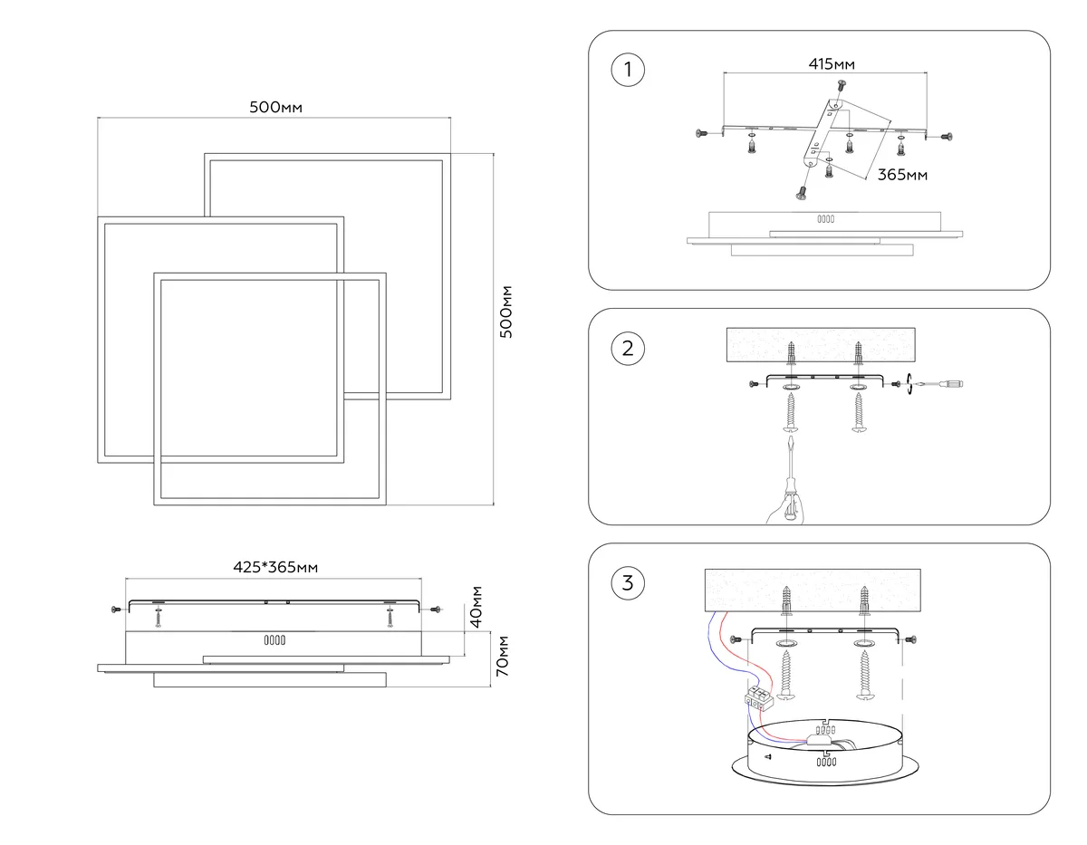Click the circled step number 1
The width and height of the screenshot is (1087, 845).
(x=627, y=70)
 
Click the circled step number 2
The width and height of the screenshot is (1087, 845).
(x=627, y=348)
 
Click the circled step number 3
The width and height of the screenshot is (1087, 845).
(x=627, y=582)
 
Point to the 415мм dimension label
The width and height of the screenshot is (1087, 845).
(x=832, y=64)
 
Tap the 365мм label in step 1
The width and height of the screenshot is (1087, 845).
(x=902, y=175)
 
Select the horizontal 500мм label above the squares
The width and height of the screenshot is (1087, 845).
(x=275, y=107)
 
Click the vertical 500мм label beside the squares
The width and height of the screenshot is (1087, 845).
(x=505, y=312)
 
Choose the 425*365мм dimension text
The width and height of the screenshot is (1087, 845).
(x=275, y=567)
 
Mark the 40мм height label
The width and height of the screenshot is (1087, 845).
(x=476, y=607)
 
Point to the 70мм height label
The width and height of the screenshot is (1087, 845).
(x=502, y=656)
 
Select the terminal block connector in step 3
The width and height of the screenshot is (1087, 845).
(x=759, y=697)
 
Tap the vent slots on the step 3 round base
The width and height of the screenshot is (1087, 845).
(x=826, y=762)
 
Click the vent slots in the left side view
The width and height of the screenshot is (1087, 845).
(x=274, y=640)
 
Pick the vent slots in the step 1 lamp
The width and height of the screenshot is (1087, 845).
(x=825, y=219)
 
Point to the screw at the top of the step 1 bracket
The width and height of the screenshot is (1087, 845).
(x=842, y=85)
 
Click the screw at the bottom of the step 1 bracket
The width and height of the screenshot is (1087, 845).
(x=802, y=192)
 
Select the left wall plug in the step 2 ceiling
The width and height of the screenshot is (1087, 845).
(x=792, y=353)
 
